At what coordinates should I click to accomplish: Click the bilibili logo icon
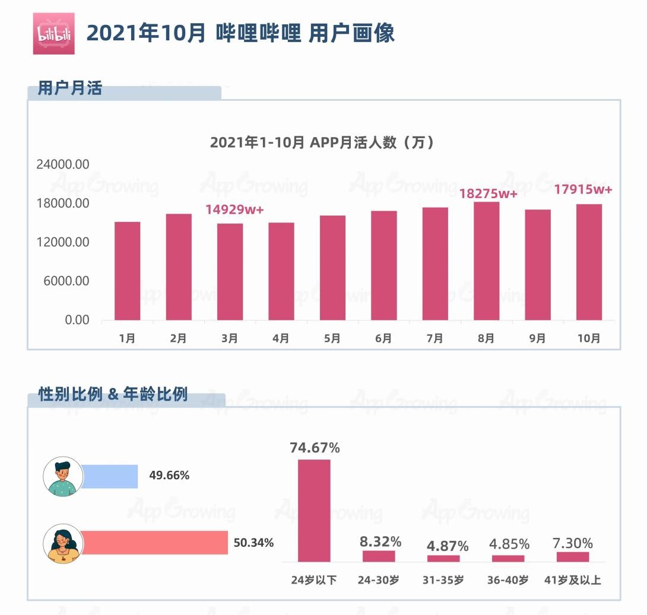coord(53,34)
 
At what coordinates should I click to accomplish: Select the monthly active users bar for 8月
coord(486,261)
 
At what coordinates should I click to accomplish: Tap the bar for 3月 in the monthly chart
coord(230,272)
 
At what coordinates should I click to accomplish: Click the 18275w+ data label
coord(489,194)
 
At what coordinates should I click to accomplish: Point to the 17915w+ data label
coord(583,190)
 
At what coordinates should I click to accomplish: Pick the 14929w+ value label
coord(234,209)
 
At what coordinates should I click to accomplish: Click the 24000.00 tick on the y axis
coord(63,164)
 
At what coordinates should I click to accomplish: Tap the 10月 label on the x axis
coord(588,339)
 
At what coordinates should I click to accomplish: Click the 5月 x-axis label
coord(332,339)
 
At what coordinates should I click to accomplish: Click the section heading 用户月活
coord(70,89)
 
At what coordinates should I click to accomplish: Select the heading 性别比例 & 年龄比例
coord(113,394)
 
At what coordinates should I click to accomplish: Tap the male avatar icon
coord(63,476)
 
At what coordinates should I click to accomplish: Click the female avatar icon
coord(63,543)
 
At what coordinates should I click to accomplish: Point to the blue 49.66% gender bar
coord(109,476)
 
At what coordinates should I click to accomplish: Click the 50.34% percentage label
coord(253,543)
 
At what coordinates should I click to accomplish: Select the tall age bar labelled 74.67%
coord(314,511)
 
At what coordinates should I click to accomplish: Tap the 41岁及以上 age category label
coord(572,580)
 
